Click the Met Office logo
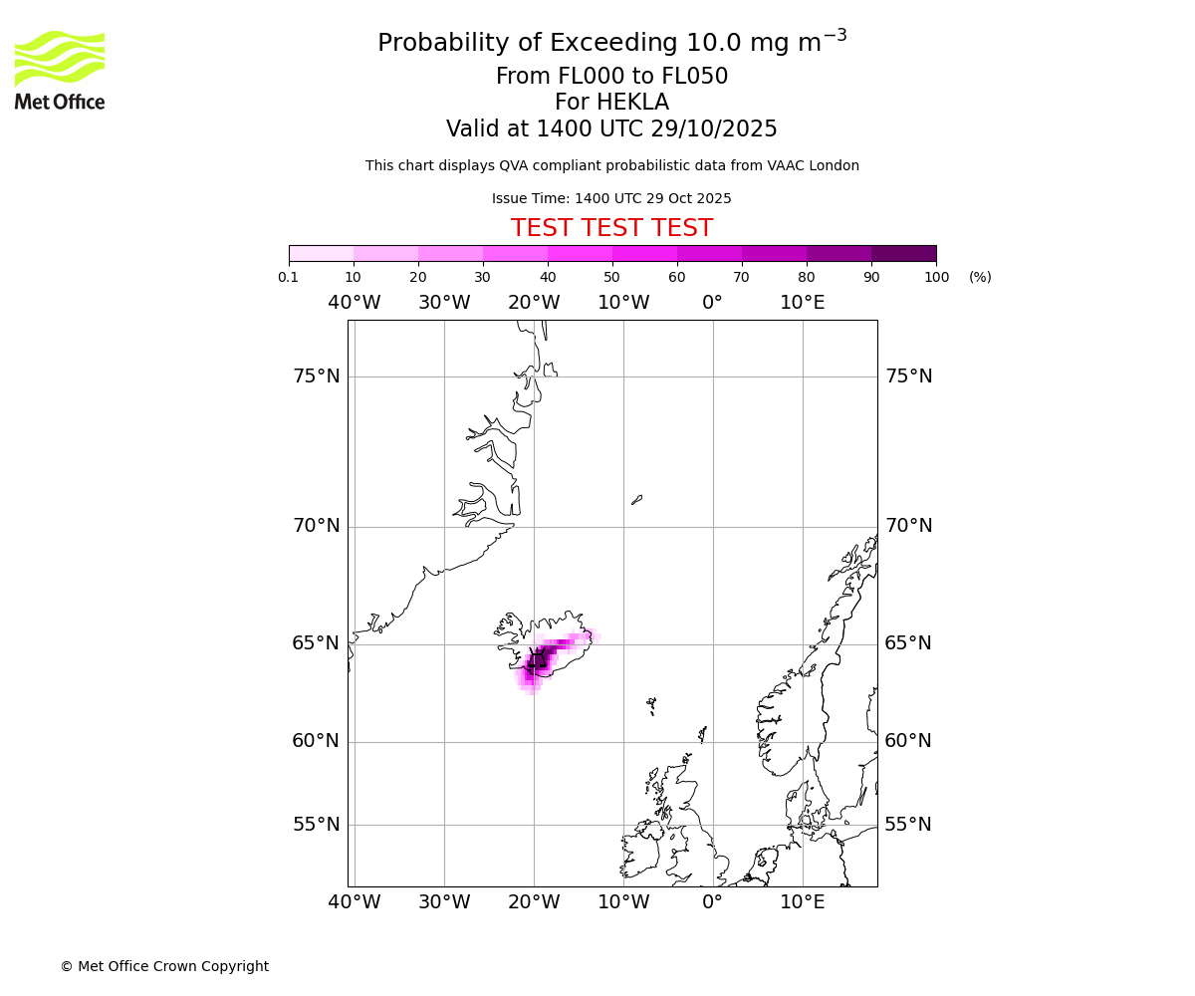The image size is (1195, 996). pos(60,70)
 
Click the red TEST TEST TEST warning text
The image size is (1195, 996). pos(611,228)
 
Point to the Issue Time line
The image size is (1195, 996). pos(611,198)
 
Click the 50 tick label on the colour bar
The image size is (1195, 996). pos(611,277)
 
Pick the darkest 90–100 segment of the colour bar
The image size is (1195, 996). pos(903,253)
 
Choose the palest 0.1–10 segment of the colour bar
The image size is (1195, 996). pos(321,253)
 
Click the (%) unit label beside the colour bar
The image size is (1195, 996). pos(980,277)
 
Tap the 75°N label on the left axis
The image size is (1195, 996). pos(316,376)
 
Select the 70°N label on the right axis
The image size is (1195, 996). pos(908,526)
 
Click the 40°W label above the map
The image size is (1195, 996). pos(354,303)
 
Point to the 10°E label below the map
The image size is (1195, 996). pos(802,902)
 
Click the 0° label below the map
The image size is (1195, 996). pos(712,902)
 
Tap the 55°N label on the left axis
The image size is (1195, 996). pos(316,825)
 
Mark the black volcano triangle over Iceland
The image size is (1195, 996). pos(537,657)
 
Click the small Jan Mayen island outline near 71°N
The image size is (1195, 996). pos(636,499)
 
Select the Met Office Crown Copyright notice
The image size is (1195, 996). pos(164,966)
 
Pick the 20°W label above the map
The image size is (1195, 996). pos(534,303)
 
